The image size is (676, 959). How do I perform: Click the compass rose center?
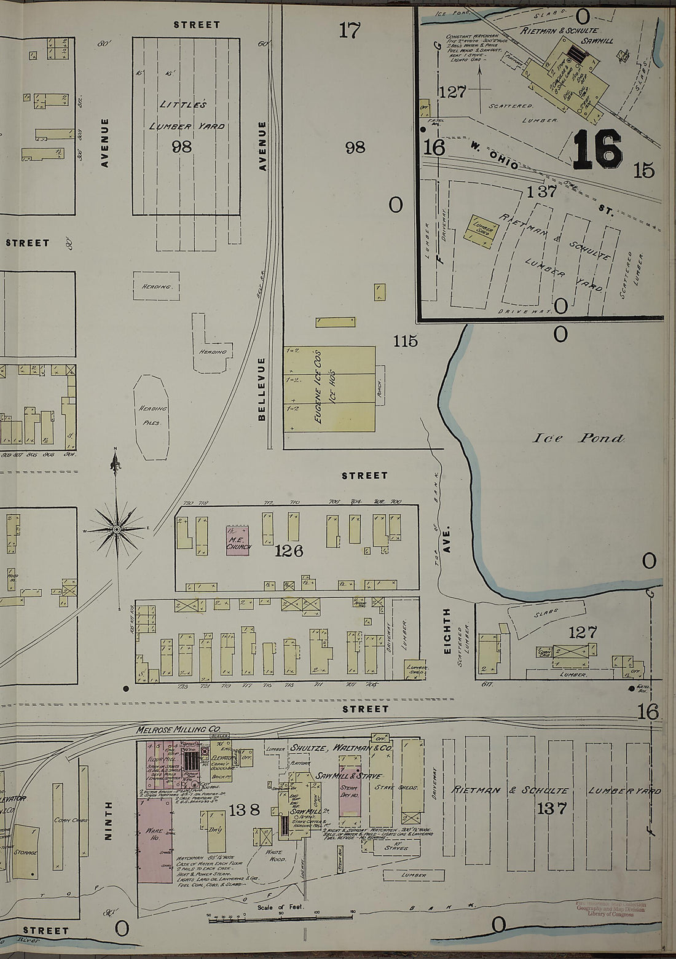pos(116,529)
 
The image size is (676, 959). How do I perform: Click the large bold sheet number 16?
pos(597,150)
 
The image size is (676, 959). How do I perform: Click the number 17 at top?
pos(350,30)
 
